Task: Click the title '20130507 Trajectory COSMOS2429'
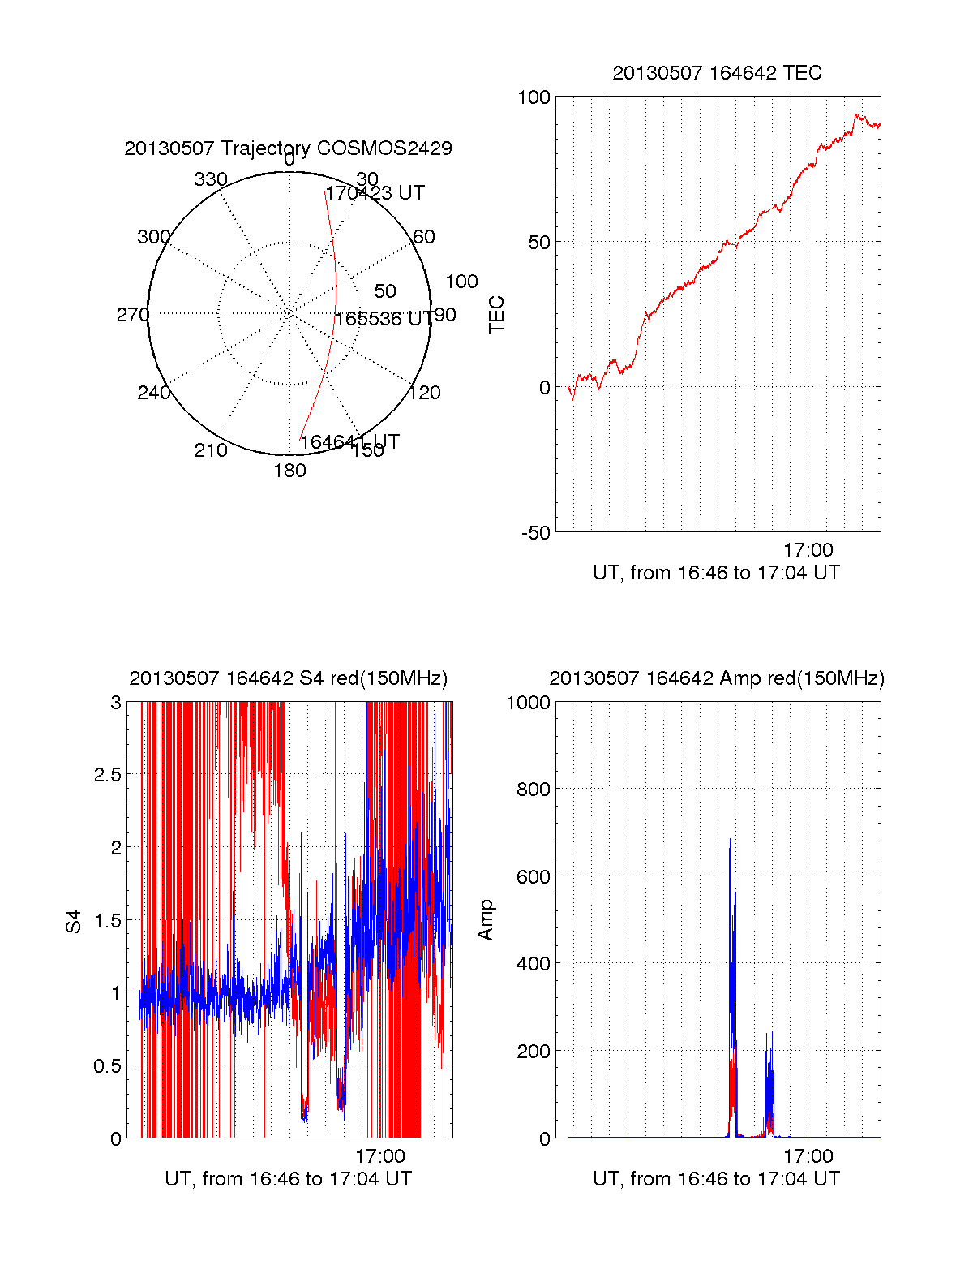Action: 288,148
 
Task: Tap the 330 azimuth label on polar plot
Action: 210,179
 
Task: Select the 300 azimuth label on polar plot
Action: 153,237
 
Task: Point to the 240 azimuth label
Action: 153,393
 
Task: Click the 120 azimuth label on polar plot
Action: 425,393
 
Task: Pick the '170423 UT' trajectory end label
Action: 375,193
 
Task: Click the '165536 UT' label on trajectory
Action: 384,319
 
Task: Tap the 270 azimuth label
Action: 132,315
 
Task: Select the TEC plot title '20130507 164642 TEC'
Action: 717,73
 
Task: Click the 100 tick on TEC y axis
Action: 534,97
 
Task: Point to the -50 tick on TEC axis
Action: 535,533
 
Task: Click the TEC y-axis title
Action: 496,315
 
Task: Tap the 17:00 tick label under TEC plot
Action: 808,550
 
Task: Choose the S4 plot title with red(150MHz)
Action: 288,678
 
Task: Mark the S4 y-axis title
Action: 74,921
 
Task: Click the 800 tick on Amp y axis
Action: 533,790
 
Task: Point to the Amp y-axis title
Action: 485,920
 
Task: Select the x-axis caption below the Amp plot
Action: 716,1179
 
